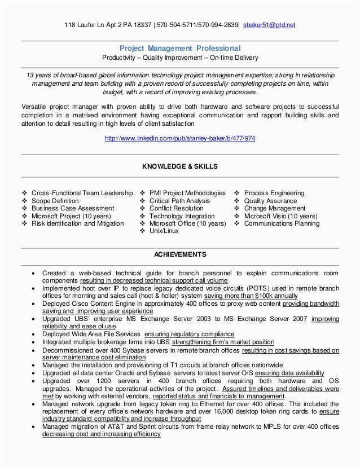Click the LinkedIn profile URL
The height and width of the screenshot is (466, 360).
(x=180, y=138)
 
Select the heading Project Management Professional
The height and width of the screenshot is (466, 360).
(x=180, y=49)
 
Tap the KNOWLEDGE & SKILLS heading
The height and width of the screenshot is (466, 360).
(x=180, y=166)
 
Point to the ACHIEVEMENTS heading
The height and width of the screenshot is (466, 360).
(x=180, y=254)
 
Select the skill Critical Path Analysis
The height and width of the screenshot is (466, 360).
(x=179, y=201)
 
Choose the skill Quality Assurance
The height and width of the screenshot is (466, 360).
(x=270, y=201)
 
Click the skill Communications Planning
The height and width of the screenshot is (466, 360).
(x=282, y=223)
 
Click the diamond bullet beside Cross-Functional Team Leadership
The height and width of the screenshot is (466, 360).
(x=24, y=193)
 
